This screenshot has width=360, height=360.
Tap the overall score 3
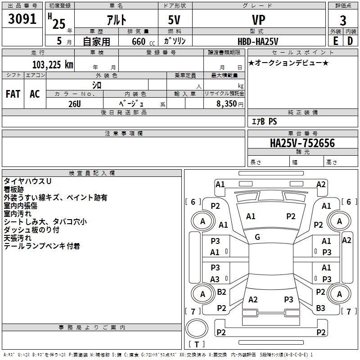click(x=343, y=21)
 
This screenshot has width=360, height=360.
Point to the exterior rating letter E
click(x=335, y=40)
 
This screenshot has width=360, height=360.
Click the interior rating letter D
click(x=350, y=40)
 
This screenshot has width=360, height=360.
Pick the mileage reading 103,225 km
click(x=53, y=64)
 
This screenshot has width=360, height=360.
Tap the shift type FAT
click(x=13, y=94)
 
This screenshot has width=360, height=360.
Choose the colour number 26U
click(x=75, y=103)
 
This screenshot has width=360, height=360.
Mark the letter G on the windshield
click(x=257, y=237)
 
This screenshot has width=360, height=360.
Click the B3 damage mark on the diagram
click(x=320, y=308)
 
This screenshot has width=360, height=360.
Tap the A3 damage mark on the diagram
click(x=215, y=279)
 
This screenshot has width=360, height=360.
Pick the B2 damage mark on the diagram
click(x=221, y=292)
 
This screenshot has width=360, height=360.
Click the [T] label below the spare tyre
click(x=196, y=344)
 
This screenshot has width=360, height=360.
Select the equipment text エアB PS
click(x=264, y=121)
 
